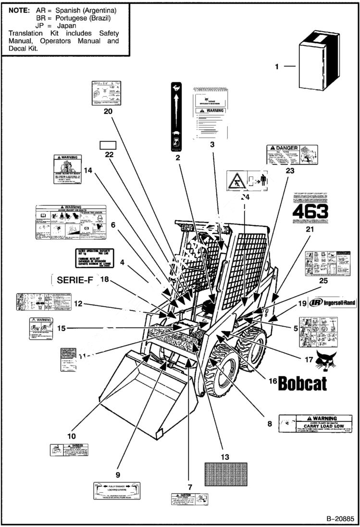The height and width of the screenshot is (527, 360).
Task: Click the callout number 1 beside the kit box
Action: [x=276, y=67]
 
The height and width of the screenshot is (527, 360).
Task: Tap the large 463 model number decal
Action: [x=310, y=211]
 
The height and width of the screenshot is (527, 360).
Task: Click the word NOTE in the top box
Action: [x=18, y=10]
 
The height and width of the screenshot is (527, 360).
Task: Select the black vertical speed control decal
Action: [x=176, y=116]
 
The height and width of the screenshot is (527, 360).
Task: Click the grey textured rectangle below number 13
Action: [x=225, y=474]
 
